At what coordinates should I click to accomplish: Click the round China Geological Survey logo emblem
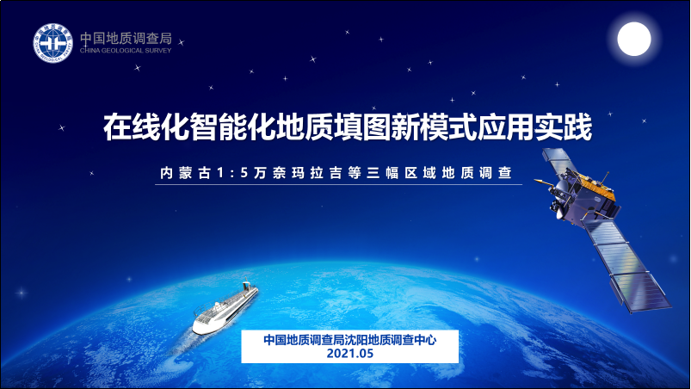coord(52,43)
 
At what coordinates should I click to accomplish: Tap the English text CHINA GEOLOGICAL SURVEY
coord(126,51)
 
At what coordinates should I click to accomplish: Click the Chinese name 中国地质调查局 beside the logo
coord(126,39)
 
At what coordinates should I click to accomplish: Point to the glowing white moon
coord(634,40)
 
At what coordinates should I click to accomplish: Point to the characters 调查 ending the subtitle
coord(496,173)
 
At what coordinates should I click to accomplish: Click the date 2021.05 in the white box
coord(350,354)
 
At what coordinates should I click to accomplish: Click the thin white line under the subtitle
coord(338,184)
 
